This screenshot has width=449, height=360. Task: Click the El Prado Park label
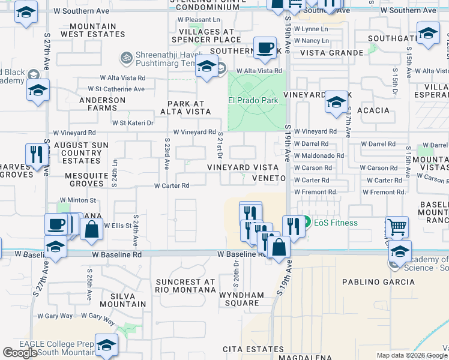pyautogui.click(x=253, y=100)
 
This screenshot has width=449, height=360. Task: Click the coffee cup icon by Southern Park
pyautogui.click(x=265, y=48)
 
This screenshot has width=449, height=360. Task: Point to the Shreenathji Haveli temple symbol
pyautogui.click(x=126, y=58)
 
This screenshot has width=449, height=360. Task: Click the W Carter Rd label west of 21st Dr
pyautogui.click(x=172, y=186)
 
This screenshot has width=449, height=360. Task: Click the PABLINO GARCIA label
pyautogui.click(x=370, y=281)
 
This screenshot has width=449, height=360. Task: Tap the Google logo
pyautogui.click(x=20, y=353)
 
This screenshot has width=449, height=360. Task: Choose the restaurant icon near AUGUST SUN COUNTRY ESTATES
pyautogui.click(x=37, y=155)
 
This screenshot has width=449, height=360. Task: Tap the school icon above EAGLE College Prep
pyautogui.click(x=107, y=345)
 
